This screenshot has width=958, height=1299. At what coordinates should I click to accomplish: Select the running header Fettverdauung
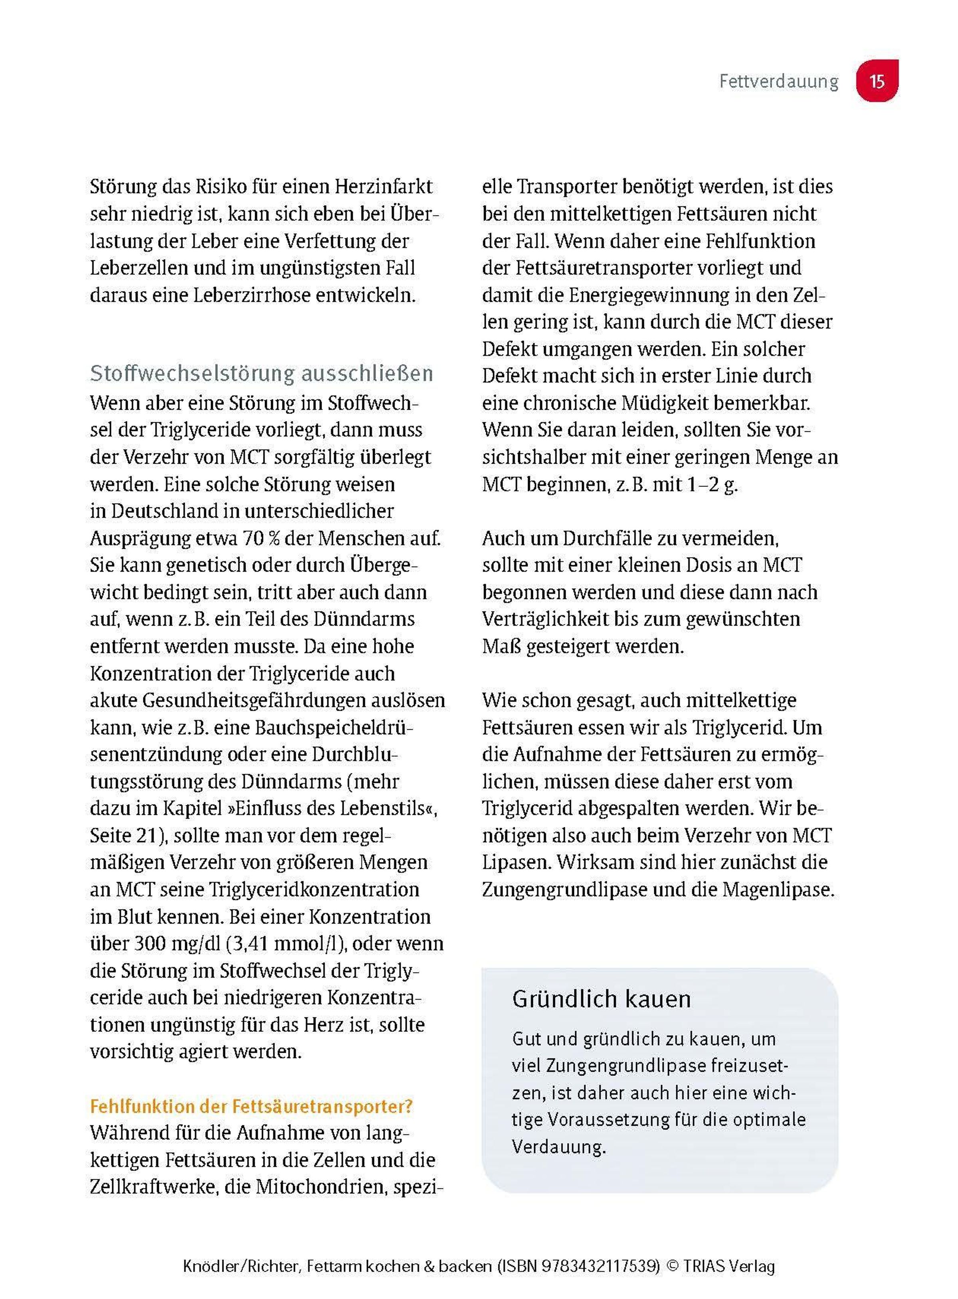(x=778, y=81)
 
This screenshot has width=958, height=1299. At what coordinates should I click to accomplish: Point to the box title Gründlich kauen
(x=602, y=999)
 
